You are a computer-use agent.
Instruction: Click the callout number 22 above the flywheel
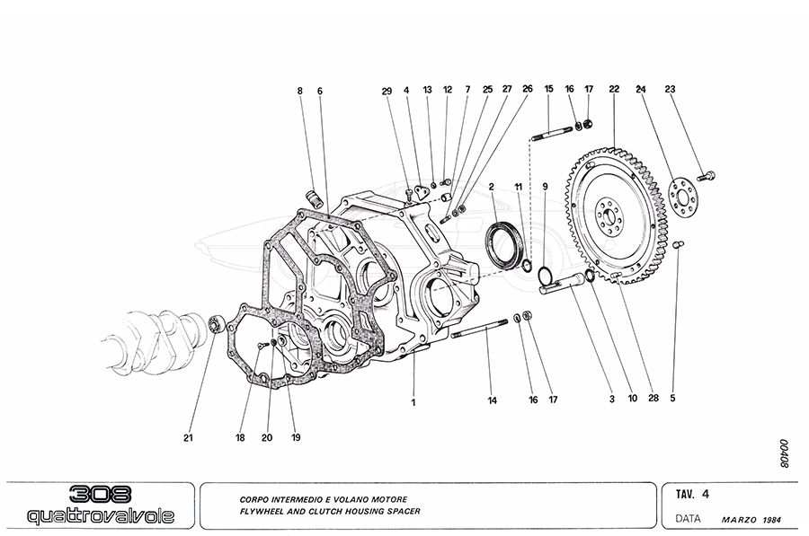coord(614,89)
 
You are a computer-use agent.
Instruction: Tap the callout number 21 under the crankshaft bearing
coord(189,438)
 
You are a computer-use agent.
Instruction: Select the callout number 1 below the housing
coord(413,402)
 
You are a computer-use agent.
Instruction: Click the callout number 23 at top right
coord(670,89)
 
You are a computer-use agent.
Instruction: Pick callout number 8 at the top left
coord(301,90)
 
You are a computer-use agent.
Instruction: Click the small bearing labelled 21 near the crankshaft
coord(216,323)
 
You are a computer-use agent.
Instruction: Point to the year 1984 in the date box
coord(773,520)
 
